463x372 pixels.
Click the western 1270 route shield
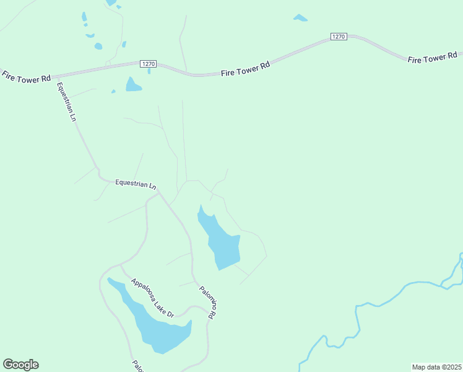click(x=149, y=64)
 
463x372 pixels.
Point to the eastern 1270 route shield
click(x=338, y=37)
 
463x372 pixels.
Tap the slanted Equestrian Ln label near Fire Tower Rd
click(x=66, y=102)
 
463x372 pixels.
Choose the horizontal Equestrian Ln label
click(x=136, y=184)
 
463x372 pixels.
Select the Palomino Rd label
click(x=207, y=302)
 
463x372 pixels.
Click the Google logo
click(x=20, y=365)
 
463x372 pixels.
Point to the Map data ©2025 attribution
click(x=436, y=367)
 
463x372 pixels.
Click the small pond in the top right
click(x=300, y=18)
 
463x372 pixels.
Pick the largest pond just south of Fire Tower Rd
click(x=133, y=85)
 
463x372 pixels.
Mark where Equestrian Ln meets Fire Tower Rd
click(x=55, y=76)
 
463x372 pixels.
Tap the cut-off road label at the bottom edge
click(x=137, y=366)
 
